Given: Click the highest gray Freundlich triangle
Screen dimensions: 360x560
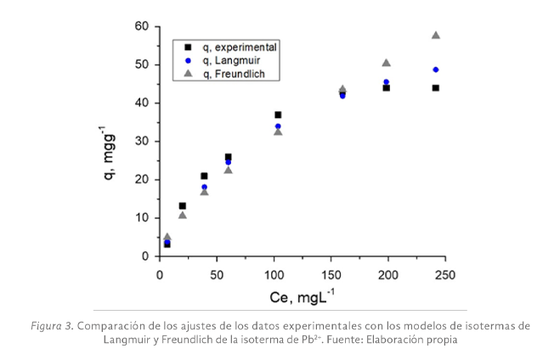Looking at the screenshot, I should (436, 35).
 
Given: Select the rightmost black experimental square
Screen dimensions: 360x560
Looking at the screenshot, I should (436, 87).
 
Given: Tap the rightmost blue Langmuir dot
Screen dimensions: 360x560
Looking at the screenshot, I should (436, 70).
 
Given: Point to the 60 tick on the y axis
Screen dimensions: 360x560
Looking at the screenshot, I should (142, 26).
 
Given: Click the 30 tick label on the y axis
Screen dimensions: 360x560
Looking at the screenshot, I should (142, 141).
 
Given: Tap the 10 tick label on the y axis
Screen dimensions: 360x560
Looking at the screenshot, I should (142, 217).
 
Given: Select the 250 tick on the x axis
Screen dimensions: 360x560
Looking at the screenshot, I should (444, 274).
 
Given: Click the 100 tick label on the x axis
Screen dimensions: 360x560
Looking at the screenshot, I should (274, 274).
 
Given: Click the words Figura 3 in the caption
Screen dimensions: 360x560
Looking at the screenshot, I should (50, 325).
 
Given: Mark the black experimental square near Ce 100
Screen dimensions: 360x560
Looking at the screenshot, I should (278, 115).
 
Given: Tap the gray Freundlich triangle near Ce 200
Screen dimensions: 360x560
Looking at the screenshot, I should (386, 63).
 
